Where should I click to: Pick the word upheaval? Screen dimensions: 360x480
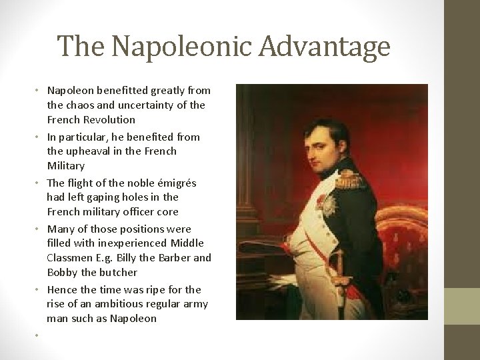[x=89, y=151]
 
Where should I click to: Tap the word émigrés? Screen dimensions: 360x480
[x=174, y=182]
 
